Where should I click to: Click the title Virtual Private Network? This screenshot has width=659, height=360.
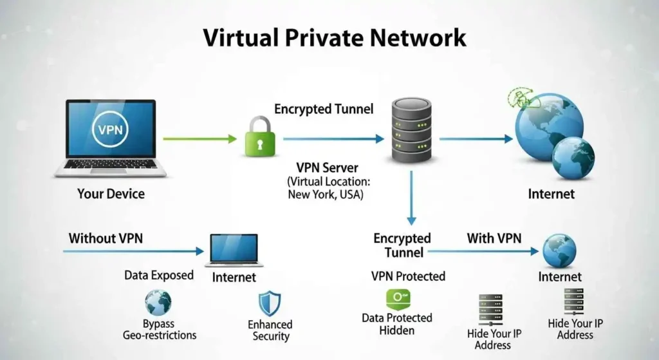pos(334,37)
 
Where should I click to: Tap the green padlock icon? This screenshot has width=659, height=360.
pos(260,137)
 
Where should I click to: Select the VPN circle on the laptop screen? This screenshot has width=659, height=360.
pos(111,129)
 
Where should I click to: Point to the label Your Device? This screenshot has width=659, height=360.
pos(111,193)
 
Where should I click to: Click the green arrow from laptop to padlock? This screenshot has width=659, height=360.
pos(200,138)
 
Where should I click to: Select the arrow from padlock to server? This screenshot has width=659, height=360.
pos(333,138)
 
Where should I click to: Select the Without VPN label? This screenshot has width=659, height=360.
pos(106,238)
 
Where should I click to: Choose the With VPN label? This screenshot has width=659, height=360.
pos(494,238)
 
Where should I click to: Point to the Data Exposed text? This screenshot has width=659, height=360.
pos(159,275)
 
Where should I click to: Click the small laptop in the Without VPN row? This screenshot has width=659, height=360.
pos(234,251)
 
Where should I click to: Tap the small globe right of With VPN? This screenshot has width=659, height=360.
pos(559,251)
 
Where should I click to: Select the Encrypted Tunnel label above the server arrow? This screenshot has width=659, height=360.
pos(324,109)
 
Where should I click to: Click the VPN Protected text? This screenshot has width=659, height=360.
pos(408,276)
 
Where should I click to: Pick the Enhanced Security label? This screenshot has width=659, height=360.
pos(270,330)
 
